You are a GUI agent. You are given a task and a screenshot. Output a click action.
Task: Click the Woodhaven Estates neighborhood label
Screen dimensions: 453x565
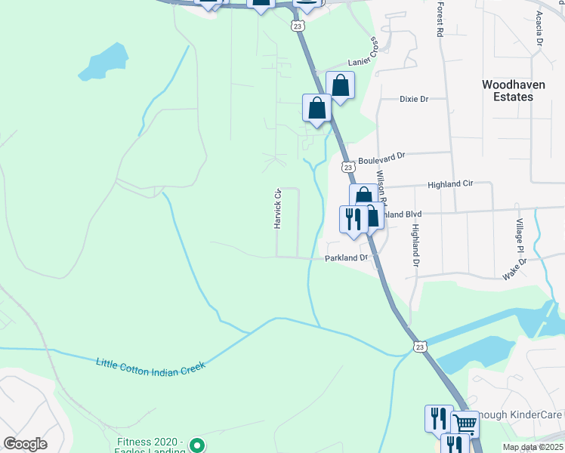(513, 91)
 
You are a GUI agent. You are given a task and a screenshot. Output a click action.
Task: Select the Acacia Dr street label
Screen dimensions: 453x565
(539, 29)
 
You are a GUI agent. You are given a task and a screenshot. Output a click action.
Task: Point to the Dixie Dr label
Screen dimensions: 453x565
(413, 99)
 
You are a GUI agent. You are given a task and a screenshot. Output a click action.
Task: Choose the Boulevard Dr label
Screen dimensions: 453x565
(381, 158)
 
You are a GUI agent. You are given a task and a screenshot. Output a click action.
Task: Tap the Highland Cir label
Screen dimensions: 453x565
(449, 183)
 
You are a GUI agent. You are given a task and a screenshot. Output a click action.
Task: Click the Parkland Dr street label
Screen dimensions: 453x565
(346, 257)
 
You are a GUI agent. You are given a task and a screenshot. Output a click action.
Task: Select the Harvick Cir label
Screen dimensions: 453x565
(277, 208)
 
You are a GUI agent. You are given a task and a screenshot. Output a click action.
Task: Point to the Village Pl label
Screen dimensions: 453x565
(520, 236)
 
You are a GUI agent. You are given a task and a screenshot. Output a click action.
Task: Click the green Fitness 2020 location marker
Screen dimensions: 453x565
(196, 445)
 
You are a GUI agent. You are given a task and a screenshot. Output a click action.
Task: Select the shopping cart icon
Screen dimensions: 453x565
(465, 424)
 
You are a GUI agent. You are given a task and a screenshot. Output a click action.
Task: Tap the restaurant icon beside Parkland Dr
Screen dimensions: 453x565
(352, 218)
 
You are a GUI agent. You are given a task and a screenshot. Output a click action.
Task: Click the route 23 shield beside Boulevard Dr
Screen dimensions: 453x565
(347, 166)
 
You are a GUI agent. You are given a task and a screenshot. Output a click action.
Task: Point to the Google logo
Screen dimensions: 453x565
(25, 444)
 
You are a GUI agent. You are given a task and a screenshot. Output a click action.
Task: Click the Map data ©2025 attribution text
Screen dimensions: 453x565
(533, 447)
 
